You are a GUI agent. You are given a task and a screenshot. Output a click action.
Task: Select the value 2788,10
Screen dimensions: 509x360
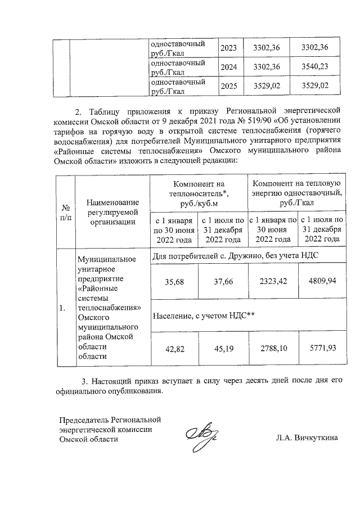click(x=272, y=348)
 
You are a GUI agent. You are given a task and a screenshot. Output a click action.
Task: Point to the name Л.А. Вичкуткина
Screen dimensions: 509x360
click(x=307, y=438)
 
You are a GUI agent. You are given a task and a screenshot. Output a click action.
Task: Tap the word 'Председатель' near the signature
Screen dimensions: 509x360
click(x=84, y=419)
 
